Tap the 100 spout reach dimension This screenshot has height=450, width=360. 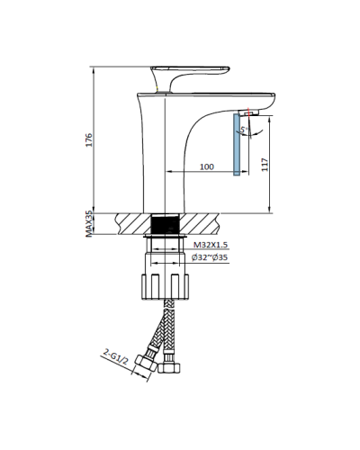[206, 167]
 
